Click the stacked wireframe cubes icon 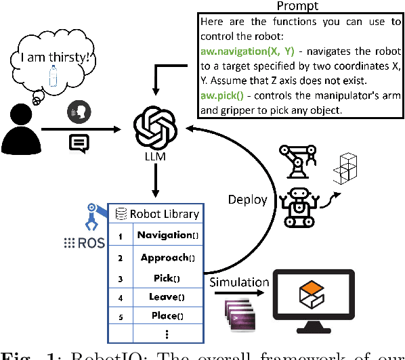coord(345,168)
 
